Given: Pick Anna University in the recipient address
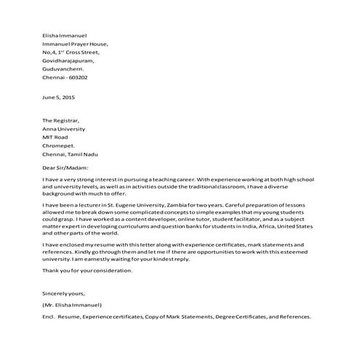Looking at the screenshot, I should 64,128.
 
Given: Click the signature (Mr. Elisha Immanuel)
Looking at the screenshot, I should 71,305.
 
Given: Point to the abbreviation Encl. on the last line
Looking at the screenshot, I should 49,318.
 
